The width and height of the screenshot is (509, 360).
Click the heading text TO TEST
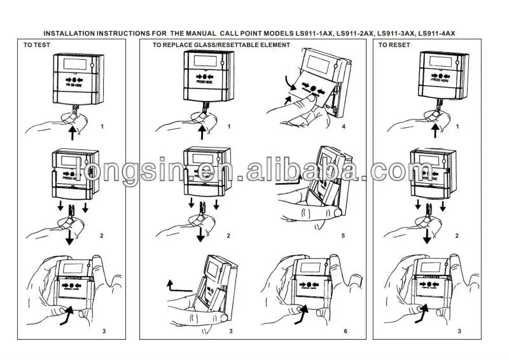(37, 45)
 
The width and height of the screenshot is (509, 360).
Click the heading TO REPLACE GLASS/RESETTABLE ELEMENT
(221, 45)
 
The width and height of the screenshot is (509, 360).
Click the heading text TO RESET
(394, 45)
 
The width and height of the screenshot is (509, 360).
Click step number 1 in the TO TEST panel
(102, 127)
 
